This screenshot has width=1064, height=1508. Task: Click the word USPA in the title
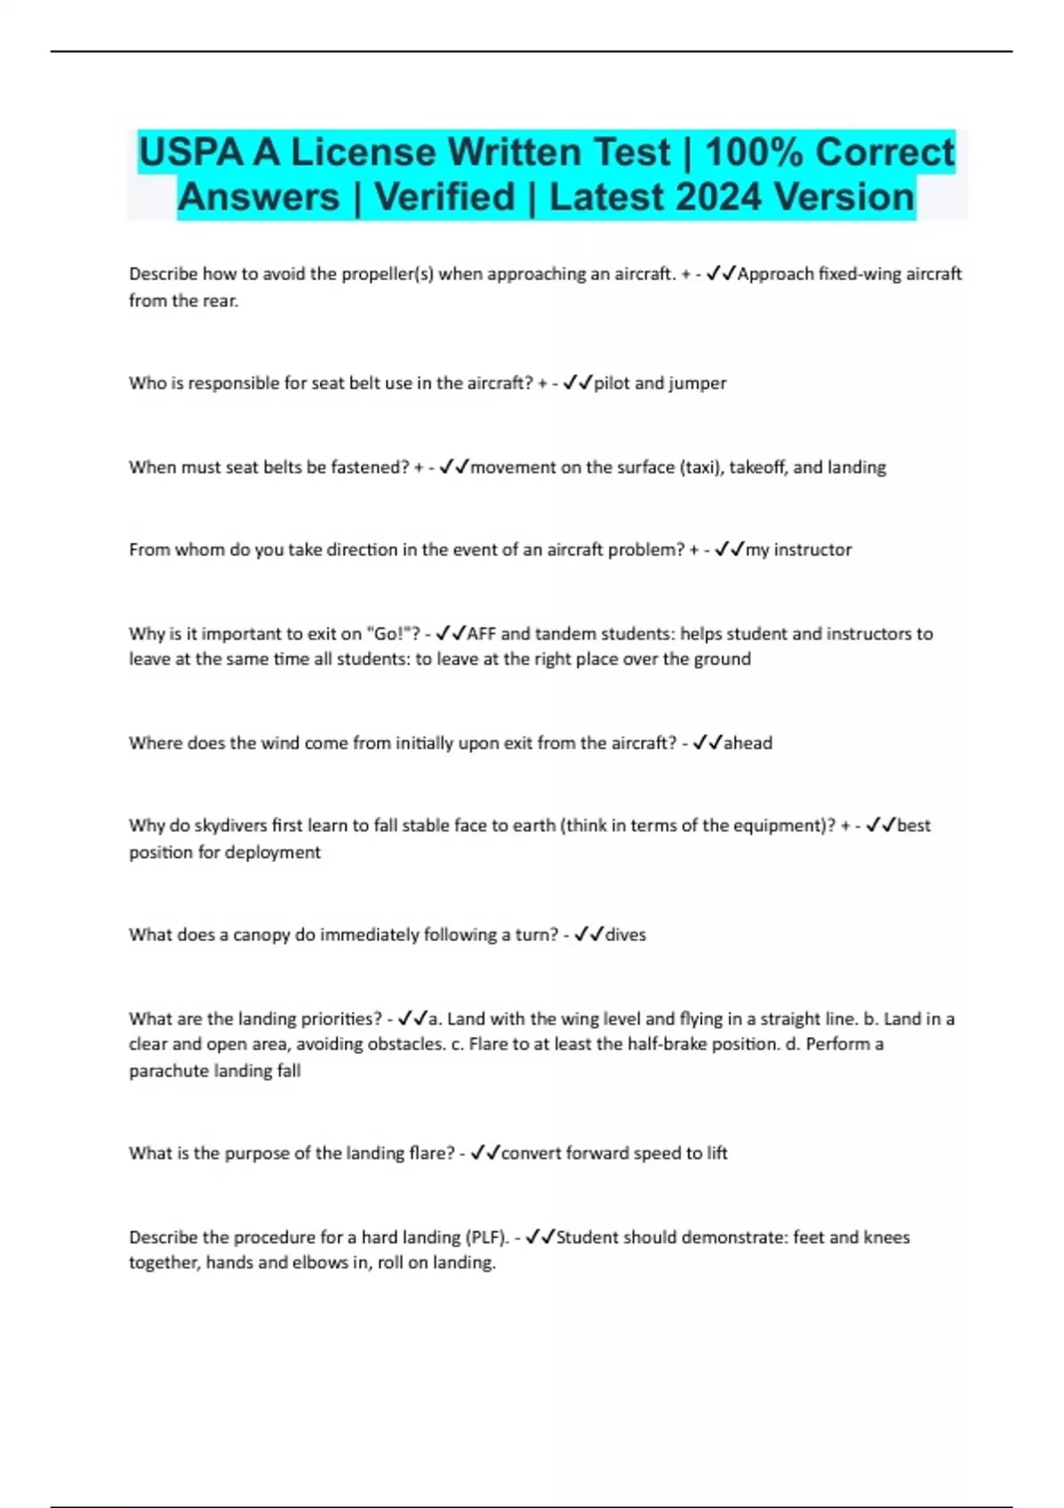190,153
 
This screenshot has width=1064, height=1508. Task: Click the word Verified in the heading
444,197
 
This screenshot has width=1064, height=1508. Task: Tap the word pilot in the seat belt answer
612,383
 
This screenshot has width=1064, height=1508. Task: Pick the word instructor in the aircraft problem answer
812,550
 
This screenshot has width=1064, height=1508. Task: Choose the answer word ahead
747,743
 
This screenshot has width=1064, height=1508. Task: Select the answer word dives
625,935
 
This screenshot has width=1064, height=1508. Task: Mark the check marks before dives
589,934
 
